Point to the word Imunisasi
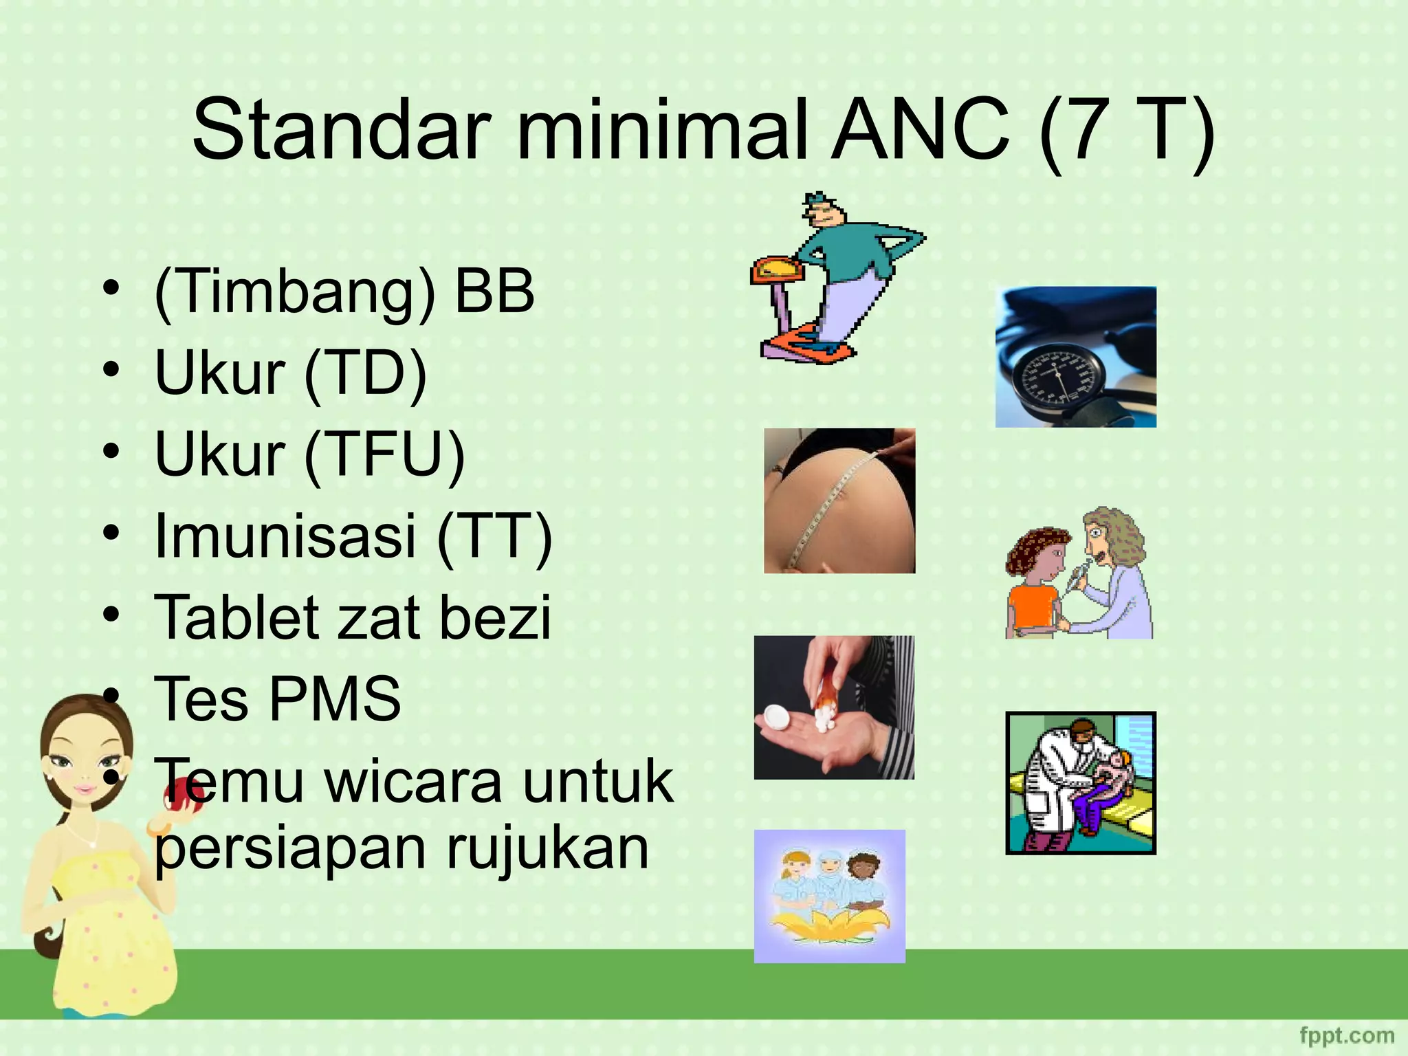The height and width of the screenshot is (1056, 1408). coord(286,536)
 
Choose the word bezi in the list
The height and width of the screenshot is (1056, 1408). coord(495,617)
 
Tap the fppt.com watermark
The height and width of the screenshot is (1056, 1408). coord(1347,1035)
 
